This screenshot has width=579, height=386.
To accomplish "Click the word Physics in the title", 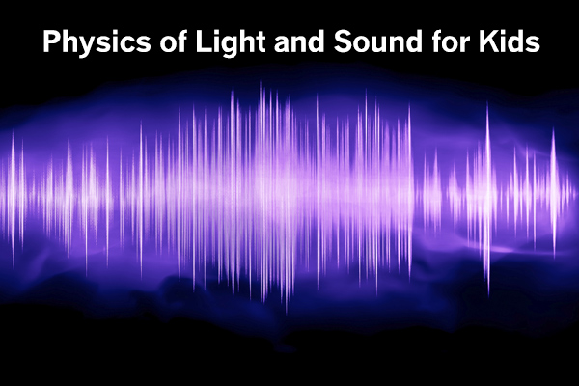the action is click(97, 42).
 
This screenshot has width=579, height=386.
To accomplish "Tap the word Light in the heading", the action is click(231, 42).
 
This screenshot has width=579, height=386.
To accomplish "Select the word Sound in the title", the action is click(377, 41).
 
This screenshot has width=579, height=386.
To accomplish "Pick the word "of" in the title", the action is click(174, 41).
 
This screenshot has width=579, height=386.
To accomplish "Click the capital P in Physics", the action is click(52, 41).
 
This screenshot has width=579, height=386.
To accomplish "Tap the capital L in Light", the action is click(204, 41).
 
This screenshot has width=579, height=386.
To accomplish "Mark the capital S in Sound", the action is click(344, 41).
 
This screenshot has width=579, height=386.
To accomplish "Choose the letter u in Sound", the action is click(382, 44).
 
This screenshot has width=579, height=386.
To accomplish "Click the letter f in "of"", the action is click(182, 41).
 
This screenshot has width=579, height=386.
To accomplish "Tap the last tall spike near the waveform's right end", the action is click(553, 192).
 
